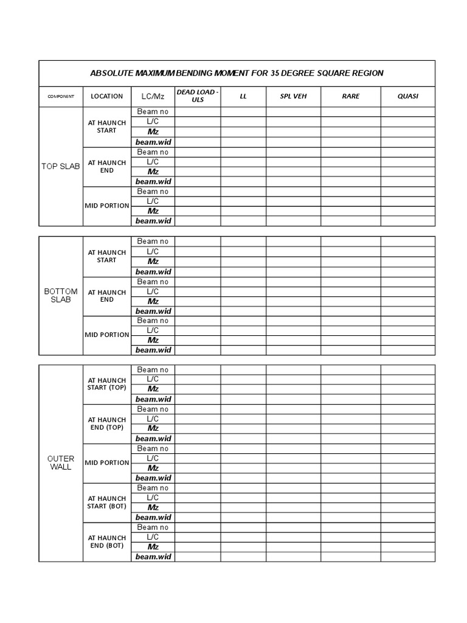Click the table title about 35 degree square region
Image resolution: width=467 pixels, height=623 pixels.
[237, 73]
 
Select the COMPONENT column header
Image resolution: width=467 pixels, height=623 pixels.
[61, 96]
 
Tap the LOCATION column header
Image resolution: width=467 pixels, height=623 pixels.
[107, 96]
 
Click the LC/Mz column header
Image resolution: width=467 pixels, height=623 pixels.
[153, 96]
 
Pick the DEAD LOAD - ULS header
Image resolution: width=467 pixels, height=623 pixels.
[198, 96]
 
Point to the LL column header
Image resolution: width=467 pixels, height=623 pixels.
[243, 96]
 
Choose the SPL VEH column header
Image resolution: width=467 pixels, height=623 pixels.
[293, 96]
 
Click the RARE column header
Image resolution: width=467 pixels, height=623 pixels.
[351, 96]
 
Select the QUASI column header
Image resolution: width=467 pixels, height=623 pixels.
[408, 96]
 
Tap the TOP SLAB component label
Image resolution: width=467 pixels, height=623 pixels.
[61, 166]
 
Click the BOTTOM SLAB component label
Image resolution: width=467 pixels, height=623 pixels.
[61, 296]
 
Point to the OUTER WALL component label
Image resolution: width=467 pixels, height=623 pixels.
[61, 462]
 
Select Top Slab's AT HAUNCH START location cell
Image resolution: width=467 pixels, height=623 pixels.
[107, 127]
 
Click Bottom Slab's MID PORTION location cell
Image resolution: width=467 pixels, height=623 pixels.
[107, 335]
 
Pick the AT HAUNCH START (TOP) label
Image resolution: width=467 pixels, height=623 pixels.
[107, 384]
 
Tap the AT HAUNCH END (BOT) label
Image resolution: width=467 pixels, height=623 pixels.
[107, 541]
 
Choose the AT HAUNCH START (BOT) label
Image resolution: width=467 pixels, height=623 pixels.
[107, 502]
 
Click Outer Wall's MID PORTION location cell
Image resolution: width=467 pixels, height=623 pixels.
[107, 462]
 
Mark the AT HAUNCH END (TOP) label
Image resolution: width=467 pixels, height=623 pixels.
[107, 423]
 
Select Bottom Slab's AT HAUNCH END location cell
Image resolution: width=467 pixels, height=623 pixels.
[107, 296]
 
